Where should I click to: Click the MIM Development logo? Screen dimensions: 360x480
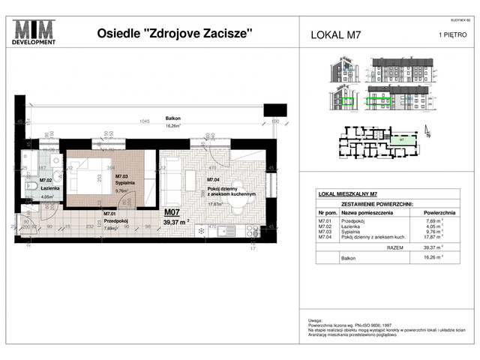[x=34, y=33]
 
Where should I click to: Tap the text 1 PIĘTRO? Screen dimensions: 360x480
[x=442, y=34]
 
